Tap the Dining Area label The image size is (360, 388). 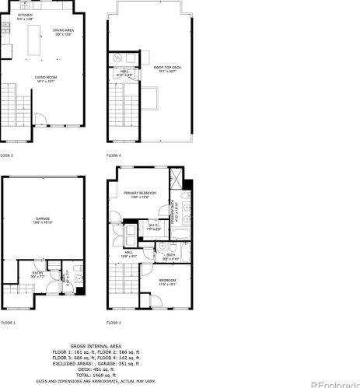(64, 31)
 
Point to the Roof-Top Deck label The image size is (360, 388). (165, 69)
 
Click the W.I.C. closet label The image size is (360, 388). (153, 227)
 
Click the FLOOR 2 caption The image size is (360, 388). (7, 155)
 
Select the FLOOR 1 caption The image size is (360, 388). (7, 321)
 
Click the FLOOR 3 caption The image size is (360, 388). (114, 321)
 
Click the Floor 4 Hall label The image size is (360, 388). (125, 72)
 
